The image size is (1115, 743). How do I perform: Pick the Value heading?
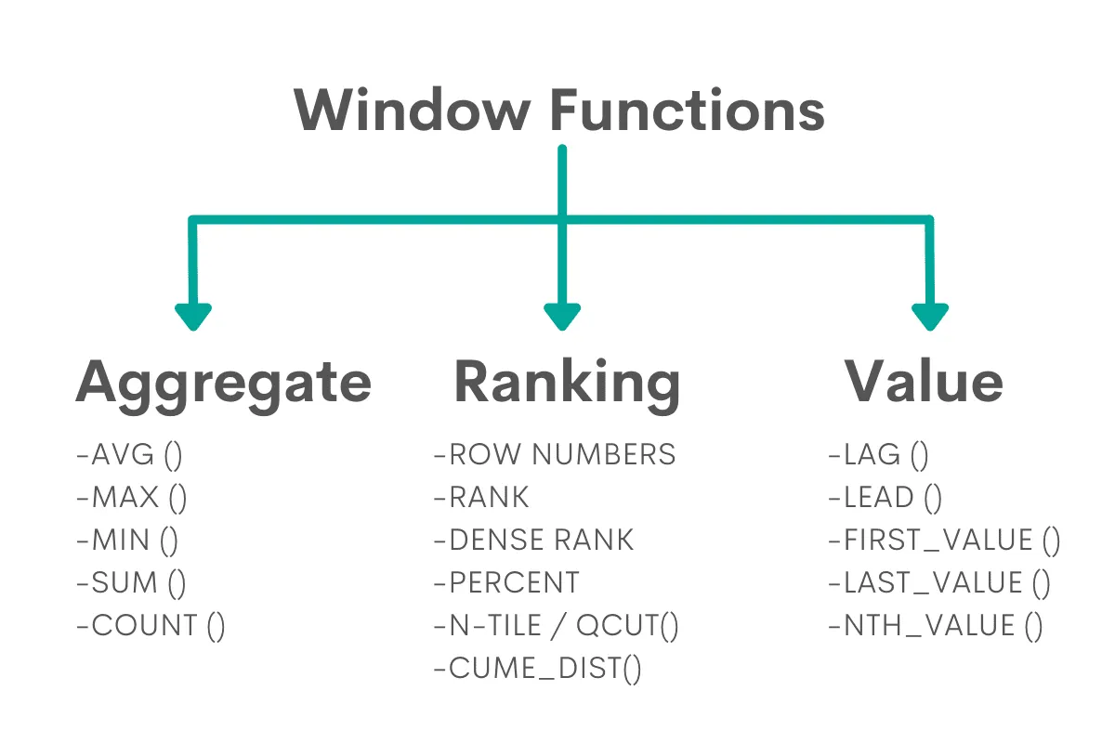pyautogui.click(x=924, y=381)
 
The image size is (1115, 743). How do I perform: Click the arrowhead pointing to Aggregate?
pyautogui.click(x=193, y=316)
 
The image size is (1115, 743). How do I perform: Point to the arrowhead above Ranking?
pyautogui.click(x=562, y=316)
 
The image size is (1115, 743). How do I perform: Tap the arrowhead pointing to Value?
pyautogui.click(x=929, y=316)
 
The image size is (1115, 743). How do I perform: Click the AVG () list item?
pyautogui.click(x=129, y=455)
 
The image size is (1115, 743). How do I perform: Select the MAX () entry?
pyautogui.click(x=132, y=498)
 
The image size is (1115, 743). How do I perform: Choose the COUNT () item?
pyautogui.click(x=151, y=626)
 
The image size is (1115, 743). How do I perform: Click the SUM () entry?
pyautogui.click(x=131, y=583)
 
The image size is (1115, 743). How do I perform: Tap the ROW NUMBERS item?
pyautogui.click(x=555, y=455)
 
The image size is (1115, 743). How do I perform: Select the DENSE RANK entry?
pyautogui.click(x=533, y=541)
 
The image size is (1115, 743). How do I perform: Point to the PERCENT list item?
pyautogui.click(x=506, y=583)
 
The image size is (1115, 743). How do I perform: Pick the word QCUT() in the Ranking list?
pyautogui.click(x=628, y=626)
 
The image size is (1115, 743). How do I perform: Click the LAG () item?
pyautogui.click(x=878, y=455)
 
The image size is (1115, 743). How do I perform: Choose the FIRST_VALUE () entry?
pyautogui.click(x=944, y=541)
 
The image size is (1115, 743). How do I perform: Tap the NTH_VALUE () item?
pyautogui.click(x=936, y=626)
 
